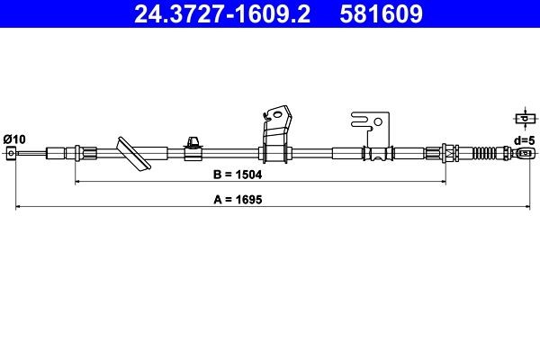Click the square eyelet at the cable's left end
click(x=11, y=154)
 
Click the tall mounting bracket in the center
click(x=275, y=135)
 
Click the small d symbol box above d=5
click(x=521, y=120)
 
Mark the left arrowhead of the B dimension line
click(x=77, y=182)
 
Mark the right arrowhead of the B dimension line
click(x=442, y=182)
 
